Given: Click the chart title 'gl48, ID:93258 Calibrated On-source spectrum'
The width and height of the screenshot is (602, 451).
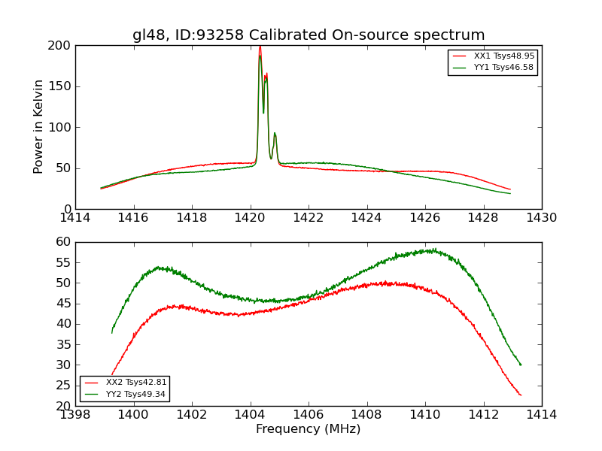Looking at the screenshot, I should [309, 35].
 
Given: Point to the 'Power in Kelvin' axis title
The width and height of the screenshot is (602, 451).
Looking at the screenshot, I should [38, 127].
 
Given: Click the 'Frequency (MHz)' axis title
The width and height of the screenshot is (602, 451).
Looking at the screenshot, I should [309, 429].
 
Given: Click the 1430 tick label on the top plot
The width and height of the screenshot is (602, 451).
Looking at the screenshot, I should [541, 218].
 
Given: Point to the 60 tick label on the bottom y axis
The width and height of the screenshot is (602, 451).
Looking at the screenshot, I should [63, 242].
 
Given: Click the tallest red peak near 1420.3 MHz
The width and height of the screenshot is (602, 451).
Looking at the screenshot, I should [260, 47].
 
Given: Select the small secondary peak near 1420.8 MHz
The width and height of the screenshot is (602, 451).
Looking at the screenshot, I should [275, 134].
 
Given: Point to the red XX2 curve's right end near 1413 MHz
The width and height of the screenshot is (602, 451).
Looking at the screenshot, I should [520, 395].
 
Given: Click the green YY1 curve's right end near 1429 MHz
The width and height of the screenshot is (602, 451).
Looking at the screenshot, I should [510, 194].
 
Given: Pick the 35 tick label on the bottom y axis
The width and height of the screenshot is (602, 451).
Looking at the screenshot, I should [63, 344].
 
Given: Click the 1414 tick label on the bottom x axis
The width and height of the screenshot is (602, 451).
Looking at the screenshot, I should [541, 415].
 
